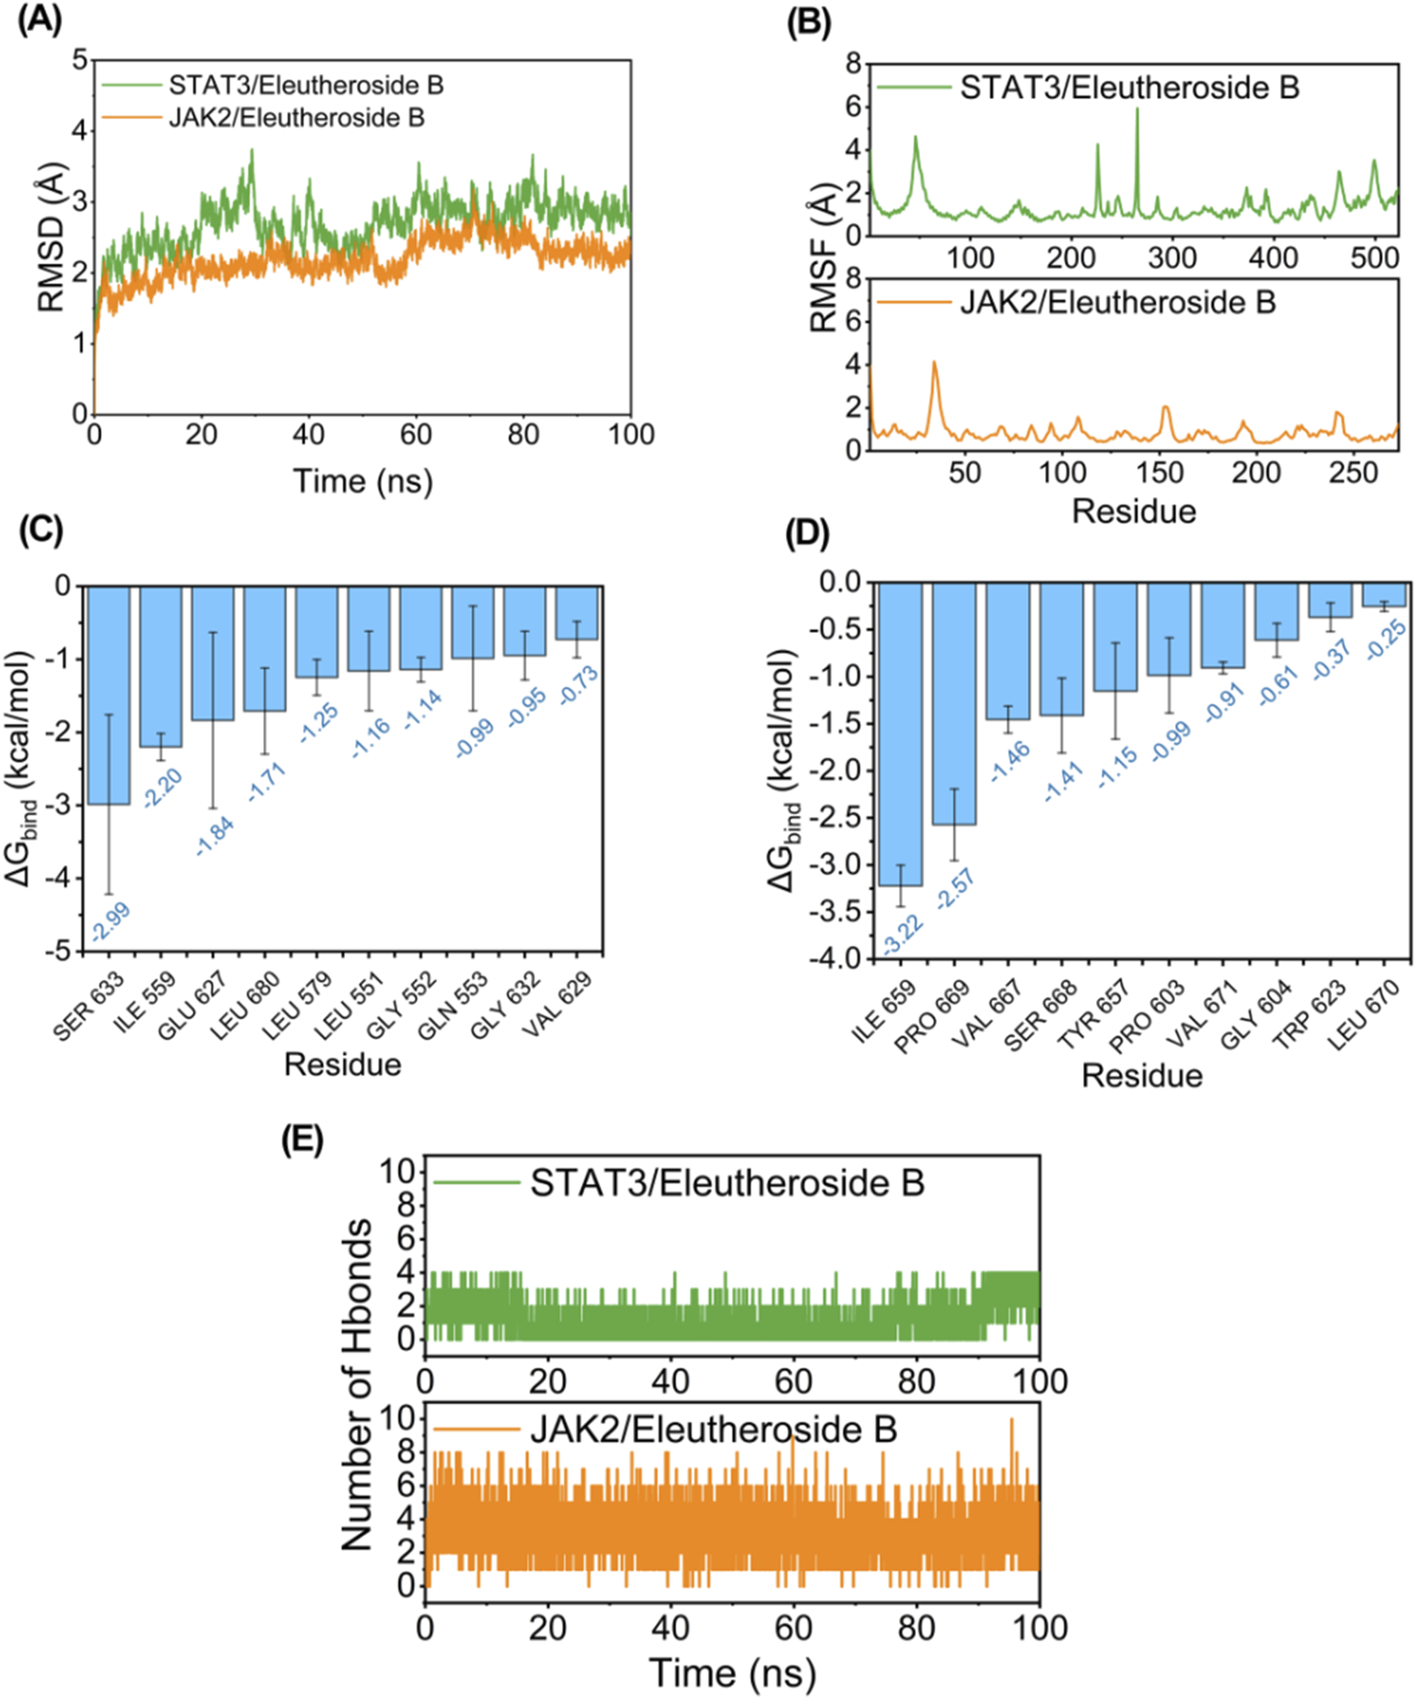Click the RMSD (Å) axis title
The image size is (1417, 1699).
click(x=50, y=235)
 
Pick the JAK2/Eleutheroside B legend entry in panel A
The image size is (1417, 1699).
click(x=296, y=118)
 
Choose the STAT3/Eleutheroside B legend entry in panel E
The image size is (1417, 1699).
click(x=726, y=1183)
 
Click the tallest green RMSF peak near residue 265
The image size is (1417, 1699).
click(x=1137, y=110)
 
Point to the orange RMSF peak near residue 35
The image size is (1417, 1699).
click(x=935, y=363)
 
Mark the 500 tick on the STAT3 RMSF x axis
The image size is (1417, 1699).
click(x=1374, y=257)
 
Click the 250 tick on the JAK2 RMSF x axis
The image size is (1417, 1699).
click(x=1354, y=472)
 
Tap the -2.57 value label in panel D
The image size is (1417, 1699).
click(x=955, y=889)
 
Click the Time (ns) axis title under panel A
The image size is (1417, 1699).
click(x=362, y=481)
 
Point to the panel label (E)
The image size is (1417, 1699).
click(x=302, y=1141)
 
